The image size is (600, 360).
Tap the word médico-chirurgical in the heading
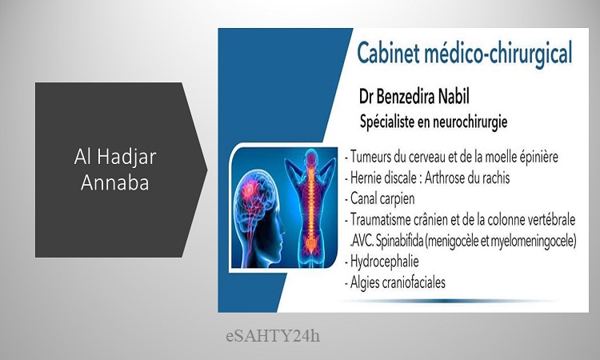498,54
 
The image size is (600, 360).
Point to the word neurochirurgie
470,122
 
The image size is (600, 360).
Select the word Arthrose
443,178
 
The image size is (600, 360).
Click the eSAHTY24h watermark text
273,336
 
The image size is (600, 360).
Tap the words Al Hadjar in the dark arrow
115,157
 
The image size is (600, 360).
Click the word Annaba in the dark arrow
114,182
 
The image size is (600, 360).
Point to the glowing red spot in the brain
250,189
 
